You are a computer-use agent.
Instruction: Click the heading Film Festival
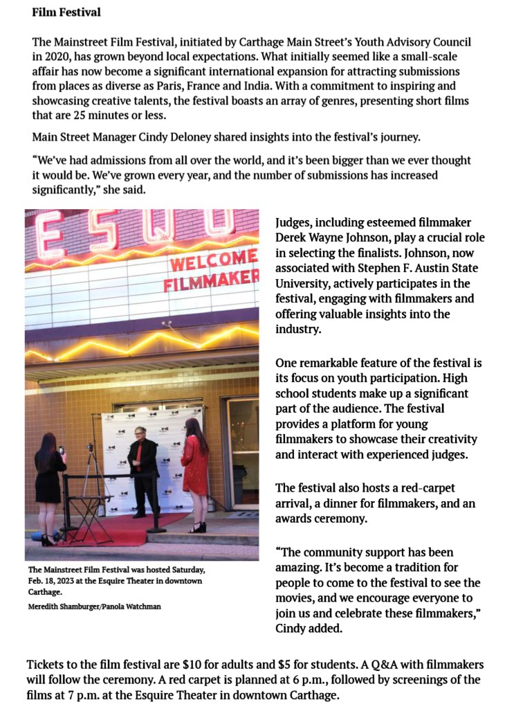click(66, 12)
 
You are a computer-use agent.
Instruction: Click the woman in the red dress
click(194, 471)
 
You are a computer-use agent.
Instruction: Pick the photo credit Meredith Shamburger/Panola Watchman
click(95, 607)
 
